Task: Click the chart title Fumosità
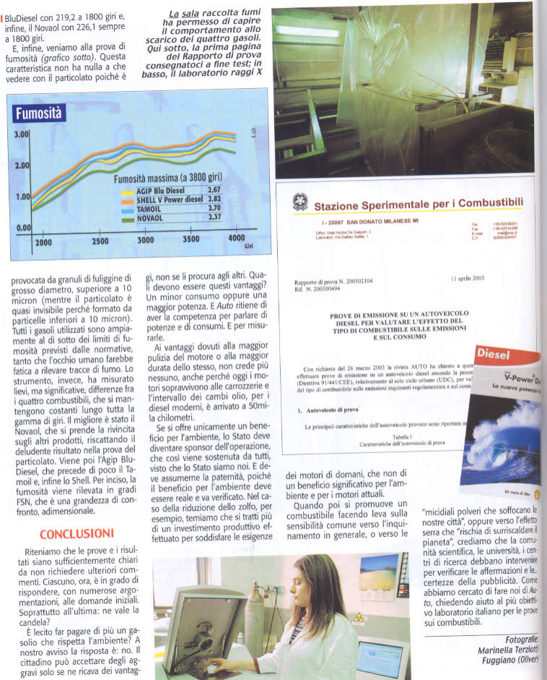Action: pos(41,113)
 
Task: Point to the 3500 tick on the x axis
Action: pos(191,240)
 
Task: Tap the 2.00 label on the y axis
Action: pos(22,165)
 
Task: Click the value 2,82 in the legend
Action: pos(214,199)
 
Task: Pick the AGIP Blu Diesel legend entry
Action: pos(160,189)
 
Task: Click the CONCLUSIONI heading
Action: pos(76,534)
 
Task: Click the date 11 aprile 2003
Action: pos(467,278)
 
